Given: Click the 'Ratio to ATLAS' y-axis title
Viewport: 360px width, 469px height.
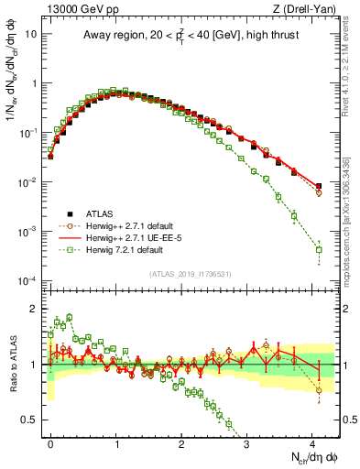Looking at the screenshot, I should coord(12,365).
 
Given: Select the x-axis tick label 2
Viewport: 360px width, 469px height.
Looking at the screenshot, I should coord(181,442).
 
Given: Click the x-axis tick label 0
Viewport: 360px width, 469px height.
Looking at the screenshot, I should coord(51,442).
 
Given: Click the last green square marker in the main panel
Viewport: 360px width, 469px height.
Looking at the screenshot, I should coord(319,249).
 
